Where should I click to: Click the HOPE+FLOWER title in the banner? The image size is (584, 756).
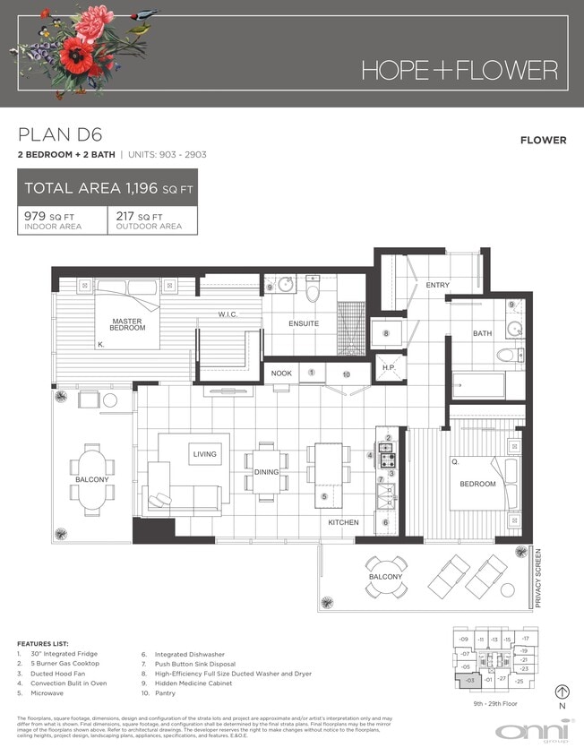459,70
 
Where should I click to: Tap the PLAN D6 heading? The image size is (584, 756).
61,135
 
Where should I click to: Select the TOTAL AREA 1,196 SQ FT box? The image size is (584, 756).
107,189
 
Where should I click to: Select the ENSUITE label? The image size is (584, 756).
304,323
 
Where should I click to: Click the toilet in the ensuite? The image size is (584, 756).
313,290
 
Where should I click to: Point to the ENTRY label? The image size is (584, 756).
438,285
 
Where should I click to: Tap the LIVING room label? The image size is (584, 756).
204,454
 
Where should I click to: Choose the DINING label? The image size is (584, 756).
266,472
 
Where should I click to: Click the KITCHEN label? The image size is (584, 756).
343,522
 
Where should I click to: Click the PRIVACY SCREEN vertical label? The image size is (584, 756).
538,578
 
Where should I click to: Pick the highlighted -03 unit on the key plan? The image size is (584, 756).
471,682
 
